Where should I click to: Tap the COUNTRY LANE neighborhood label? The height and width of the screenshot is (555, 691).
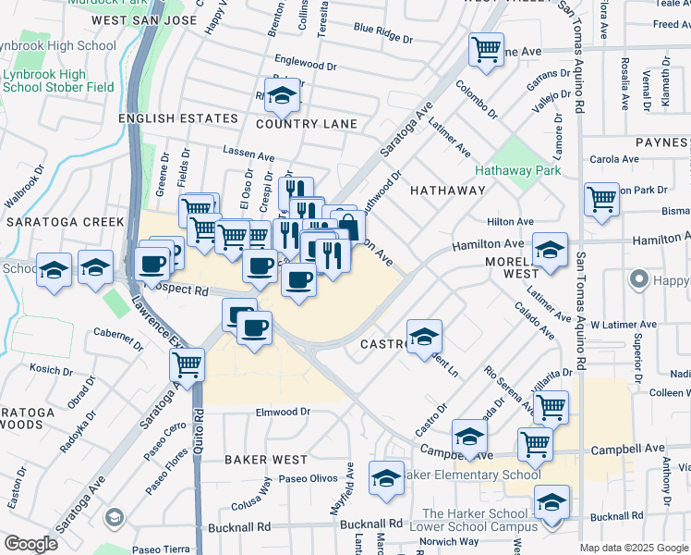click(306, 124)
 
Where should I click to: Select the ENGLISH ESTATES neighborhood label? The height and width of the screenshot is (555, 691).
click(177, 119)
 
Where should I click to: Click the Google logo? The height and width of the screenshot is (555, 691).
click(30, 544)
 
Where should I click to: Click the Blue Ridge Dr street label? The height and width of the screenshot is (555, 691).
click(383, 36)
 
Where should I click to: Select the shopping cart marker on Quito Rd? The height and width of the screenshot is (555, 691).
click(188, 365)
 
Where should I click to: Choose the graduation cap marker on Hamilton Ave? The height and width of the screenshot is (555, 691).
click(550, 250)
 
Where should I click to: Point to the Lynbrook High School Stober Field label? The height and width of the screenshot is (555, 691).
click(57, 81)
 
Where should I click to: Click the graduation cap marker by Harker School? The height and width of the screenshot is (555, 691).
click(552, 503)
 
